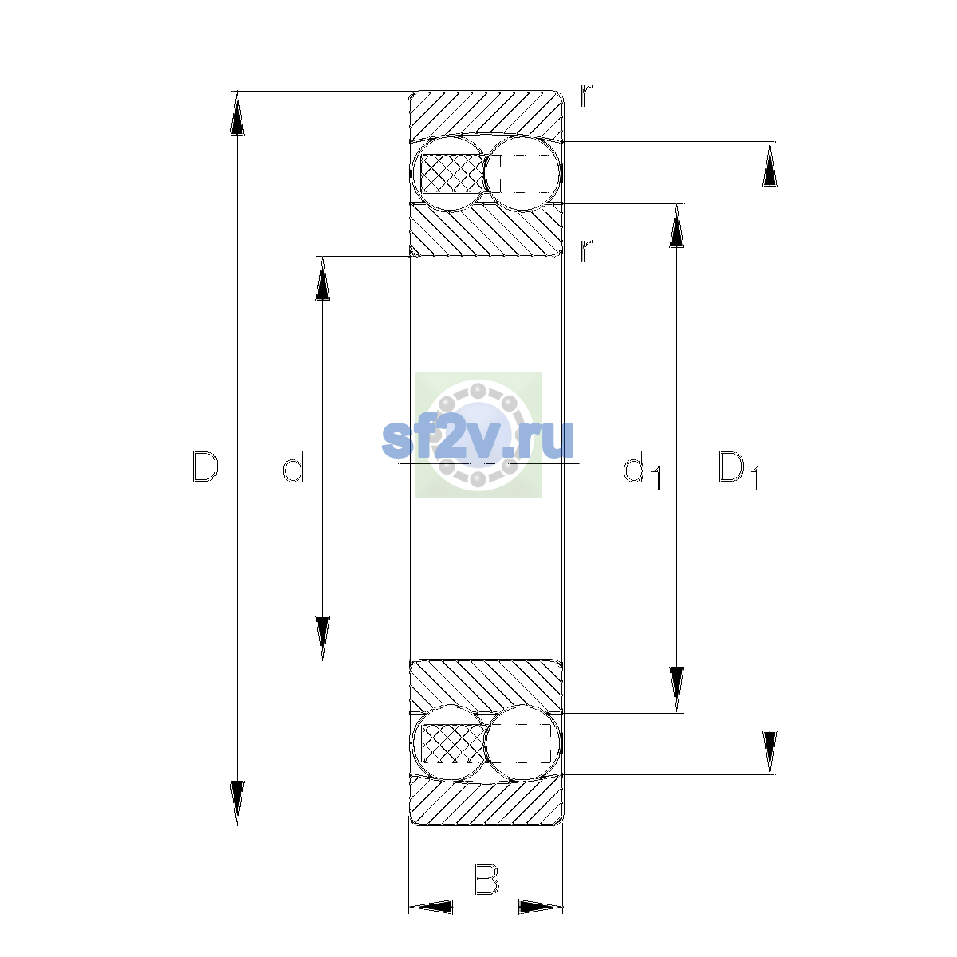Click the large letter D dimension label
click(x=205, y=467)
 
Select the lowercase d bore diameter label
click(x=293, y=467)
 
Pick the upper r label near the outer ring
click(x=586, y=96)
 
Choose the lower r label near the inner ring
click(x=586, y=250)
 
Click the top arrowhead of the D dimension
click(x=238, y=113)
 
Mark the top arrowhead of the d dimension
click(x=323, y=278)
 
